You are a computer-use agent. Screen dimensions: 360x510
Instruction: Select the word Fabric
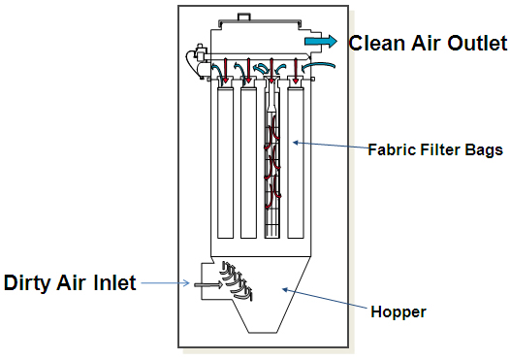pos(388,150)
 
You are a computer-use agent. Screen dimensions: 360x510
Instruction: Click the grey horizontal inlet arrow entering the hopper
pos(205,284)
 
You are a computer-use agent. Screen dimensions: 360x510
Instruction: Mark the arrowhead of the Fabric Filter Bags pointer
pos(296,144)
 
